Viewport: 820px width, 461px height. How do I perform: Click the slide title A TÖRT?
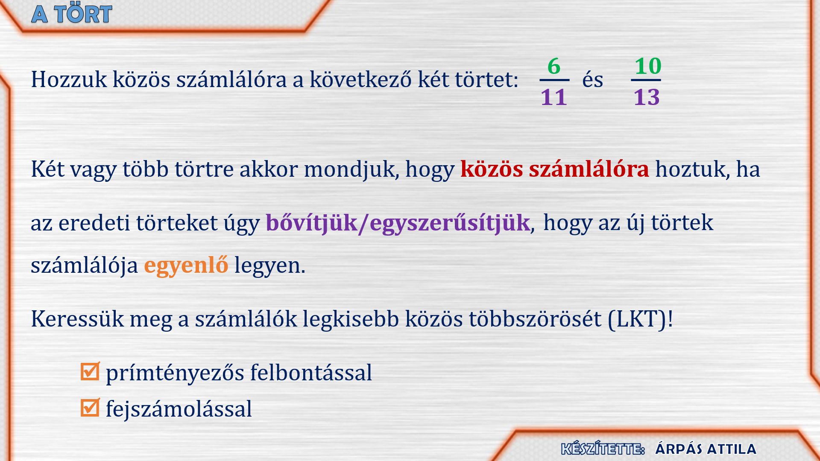72,14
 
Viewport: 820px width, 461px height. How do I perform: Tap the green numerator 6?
554,66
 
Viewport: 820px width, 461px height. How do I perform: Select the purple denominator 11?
554,97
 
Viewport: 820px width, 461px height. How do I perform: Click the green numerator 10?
647,66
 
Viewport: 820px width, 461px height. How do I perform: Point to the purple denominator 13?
647,97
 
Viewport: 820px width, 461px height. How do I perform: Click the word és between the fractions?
592,79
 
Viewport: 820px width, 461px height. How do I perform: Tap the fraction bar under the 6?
554,80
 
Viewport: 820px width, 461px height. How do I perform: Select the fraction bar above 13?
646,80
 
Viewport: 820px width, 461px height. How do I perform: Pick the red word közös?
491,169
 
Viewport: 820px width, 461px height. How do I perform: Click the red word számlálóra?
589,169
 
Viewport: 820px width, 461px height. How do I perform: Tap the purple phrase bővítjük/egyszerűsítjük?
398,223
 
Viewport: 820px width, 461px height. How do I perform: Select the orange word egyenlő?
186,266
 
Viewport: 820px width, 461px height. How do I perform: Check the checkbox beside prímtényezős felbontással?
90,371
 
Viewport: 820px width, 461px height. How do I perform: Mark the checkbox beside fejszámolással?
90,407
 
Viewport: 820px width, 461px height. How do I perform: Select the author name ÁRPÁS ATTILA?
706,449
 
